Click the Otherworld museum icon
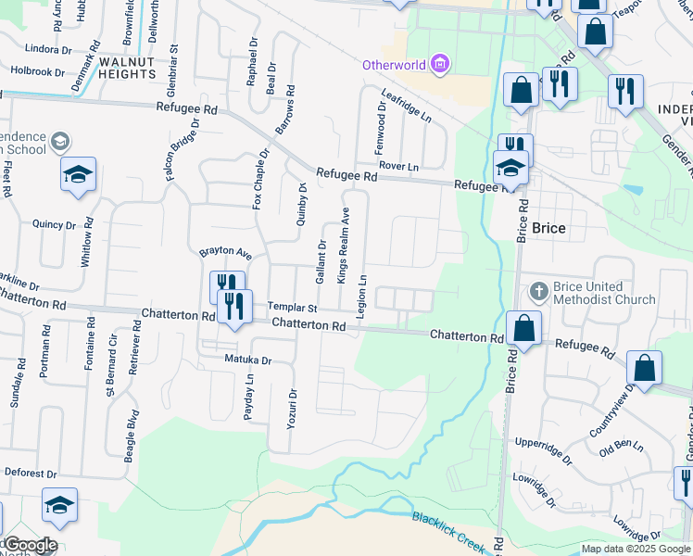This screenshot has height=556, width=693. pos(440,64)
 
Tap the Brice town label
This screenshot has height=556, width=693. pos(548,228)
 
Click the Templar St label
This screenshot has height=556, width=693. pos(293,307)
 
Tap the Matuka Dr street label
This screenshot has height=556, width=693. pos(247,360)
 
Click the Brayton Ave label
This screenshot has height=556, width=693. pos(226,252)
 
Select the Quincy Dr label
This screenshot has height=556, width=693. pos(54,224)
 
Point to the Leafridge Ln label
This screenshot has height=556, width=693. pos(407,106)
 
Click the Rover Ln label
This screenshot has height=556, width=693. pos(398,166)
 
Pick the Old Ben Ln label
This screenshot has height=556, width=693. pos(621,448)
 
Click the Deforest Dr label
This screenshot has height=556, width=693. pos(34,472)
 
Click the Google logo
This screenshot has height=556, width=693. pos(30,545)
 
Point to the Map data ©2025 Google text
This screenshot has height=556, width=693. pos(636,549)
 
